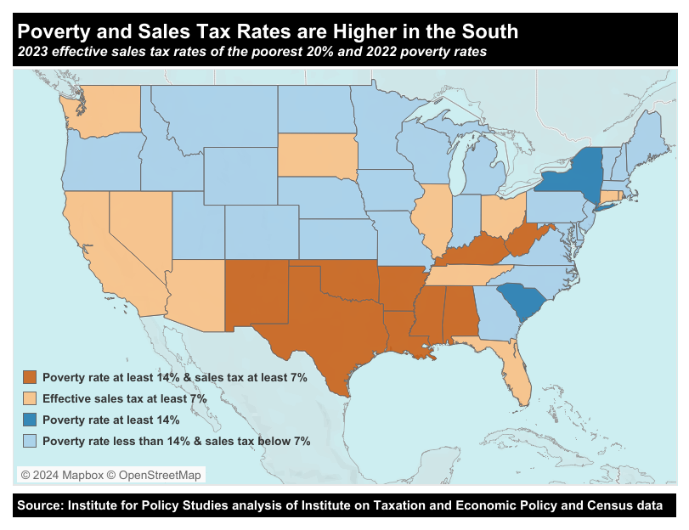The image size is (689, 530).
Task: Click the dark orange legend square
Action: coord(31,376)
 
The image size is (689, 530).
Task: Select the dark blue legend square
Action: coord(31,420)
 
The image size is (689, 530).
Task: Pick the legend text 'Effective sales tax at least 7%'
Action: coord(125,397)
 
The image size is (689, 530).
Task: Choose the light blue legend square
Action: coord(31,441)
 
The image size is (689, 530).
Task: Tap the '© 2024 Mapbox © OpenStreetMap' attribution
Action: coord(111,475)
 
